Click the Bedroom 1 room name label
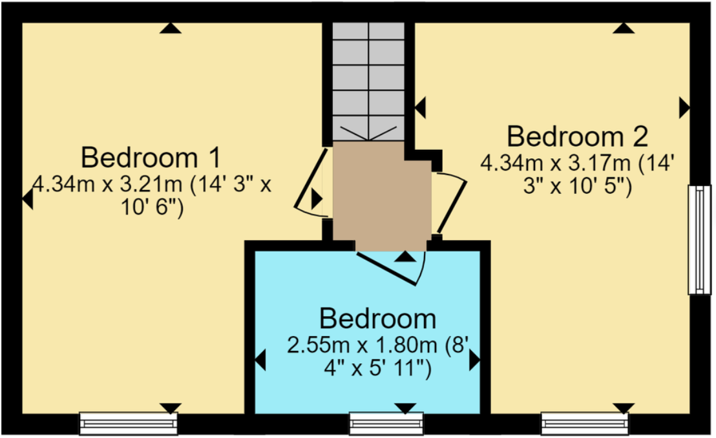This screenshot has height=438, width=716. (x=151, y=158)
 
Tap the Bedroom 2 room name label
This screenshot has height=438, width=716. (x=577, y=137)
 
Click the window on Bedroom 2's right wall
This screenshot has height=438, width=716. (x=699, y=240)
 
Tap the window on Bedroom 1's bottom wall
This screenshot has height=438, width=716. (x=128, y=423)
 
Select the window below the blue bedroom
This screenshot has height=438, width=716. (x=386, y=423)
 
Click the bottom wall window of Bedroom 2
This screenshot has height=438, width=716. (x=585, y=423)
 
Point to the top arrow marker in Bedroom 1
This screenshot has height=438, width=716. (x=170, y=28)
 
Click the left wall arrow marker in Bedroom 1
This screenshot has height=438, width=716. (x=27, y=200)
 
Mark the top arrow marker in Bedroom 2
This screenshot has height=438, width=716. (x=623, y=28)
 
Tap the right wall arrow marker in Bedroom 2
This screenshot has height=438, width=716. (x=684, y=108)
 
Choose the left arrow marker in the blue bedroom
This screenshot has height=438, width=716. (x=261, y=360)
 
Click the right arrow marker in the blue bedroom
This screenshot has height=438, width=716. (x=474, y=360)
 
